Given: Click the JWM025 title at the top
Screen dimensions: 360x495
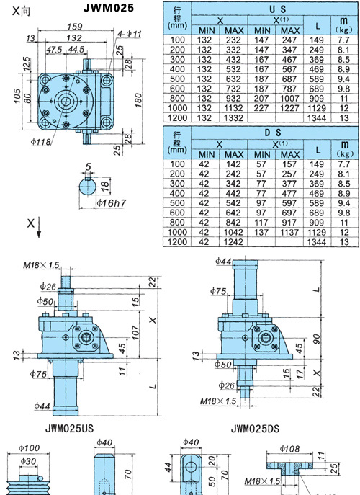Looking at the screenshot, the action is (x=109, y=8).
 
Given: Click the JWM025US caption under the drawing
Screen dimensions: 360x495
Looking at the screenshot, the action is (x=69, y=429).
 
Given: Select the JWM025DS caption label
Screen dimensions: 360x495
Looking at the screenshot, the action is (x=255, y=429).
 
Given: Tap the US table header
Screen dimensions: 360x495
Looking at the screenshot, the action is (x=278, y=9).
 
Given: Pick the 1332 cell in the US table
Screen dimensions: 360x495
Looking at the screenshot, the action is (x=233, y=117).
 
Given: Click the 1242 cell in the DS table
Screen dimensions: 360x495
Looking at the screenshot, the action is (x=233, y=242).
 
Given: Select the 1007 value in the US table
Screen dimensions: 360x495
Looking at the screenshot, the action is (x=289, y=99).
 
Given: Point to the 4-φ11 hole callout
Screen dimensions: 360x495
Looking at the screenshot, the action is (x=130, y=34).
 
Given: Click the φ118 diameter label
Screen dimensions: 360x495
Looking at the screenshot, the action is (x=41, y=141).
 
